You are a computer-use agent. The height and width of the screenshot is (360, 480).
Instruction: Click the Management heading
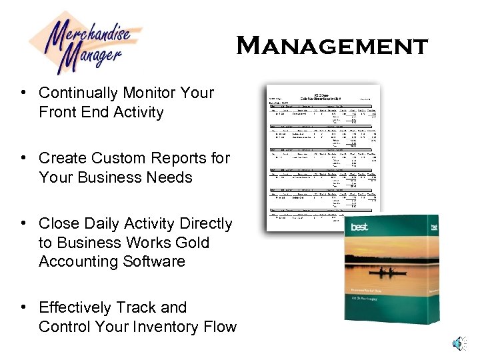tap(331, 46)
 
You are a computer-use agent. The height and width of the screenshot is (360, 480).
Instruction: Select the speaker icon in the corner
tap(458, 343)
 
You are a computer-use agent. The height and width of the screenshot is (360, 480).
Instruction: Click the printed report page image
tap(322, 157)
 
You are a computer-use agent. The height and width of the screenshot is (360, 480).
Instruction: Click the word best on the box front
tap(359, 227)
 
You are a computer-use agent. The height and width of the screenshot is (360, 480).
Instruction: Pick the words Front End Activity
tap(101, 112)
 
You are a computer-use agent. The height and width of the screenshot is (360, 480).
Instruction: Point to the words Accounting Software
tap(111, 261)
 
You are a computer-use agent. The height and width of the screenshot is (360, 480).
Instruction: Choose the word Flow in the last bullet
tap(220, 327)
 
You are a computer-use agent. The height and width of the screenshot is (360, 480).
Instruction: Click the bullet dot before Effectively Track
tap(23, 307)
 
